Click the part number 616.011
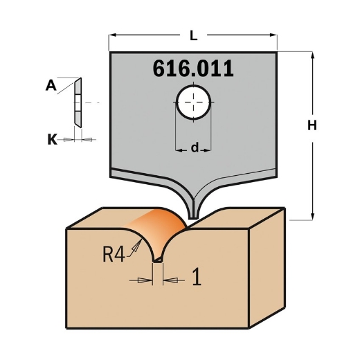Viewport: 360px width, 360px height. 192,70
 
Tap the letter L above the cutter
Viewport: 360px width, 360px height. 194,33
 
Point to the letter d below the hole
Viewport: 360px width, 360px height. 195,147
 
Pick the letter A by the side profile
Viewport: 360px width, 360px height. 51,87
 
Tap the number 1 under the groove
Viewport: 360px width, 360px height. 196,279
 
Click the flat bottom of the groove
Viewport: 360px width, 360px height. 158,260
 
